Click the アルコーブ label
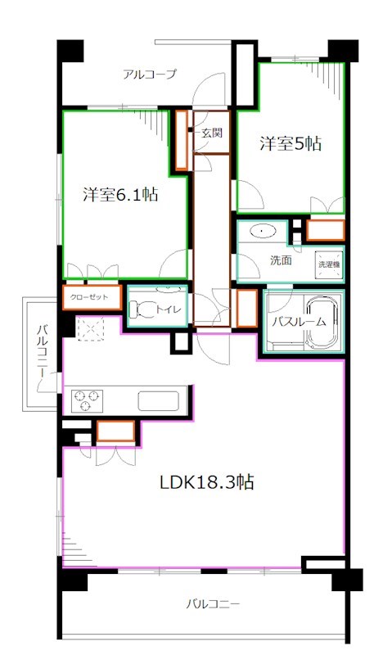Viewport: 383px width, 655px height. coord(150,75)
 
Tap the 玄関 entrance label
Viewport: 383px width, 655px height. coord(212,133)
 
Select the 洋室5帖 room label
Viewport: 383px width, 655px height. coord(291,144)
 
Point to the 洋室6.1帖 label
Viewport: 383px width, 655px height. coord(120,195)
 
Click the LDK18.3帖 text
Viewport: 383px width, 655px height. coord(207,482)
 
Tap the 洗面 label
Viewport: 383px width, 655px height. coord(281,260)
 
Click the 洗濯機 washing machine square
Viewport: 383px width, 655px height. coord(329,264)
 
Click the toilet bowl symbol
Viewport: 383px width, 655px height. coord(142,309)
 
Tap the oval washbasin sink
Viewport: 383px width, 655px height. coord(261,231)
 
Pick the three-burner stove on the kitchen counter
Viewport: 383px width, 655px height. coord(88,400)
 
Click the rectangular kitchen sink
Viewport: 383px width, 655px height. coord(159,400)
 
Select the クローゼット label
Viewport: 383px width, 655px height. coord(89,297)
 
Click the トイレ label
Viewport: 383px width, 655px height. coord(169,309)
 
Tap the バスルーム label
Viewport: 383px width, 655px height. coord(299,321)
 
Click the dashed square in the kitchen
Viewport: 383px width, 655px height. coord(90,328)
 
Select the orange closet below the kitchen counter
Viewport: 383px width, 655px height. coord(116,431)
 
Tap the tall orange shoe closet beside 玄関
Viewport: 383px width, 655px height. coord(181,140)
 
